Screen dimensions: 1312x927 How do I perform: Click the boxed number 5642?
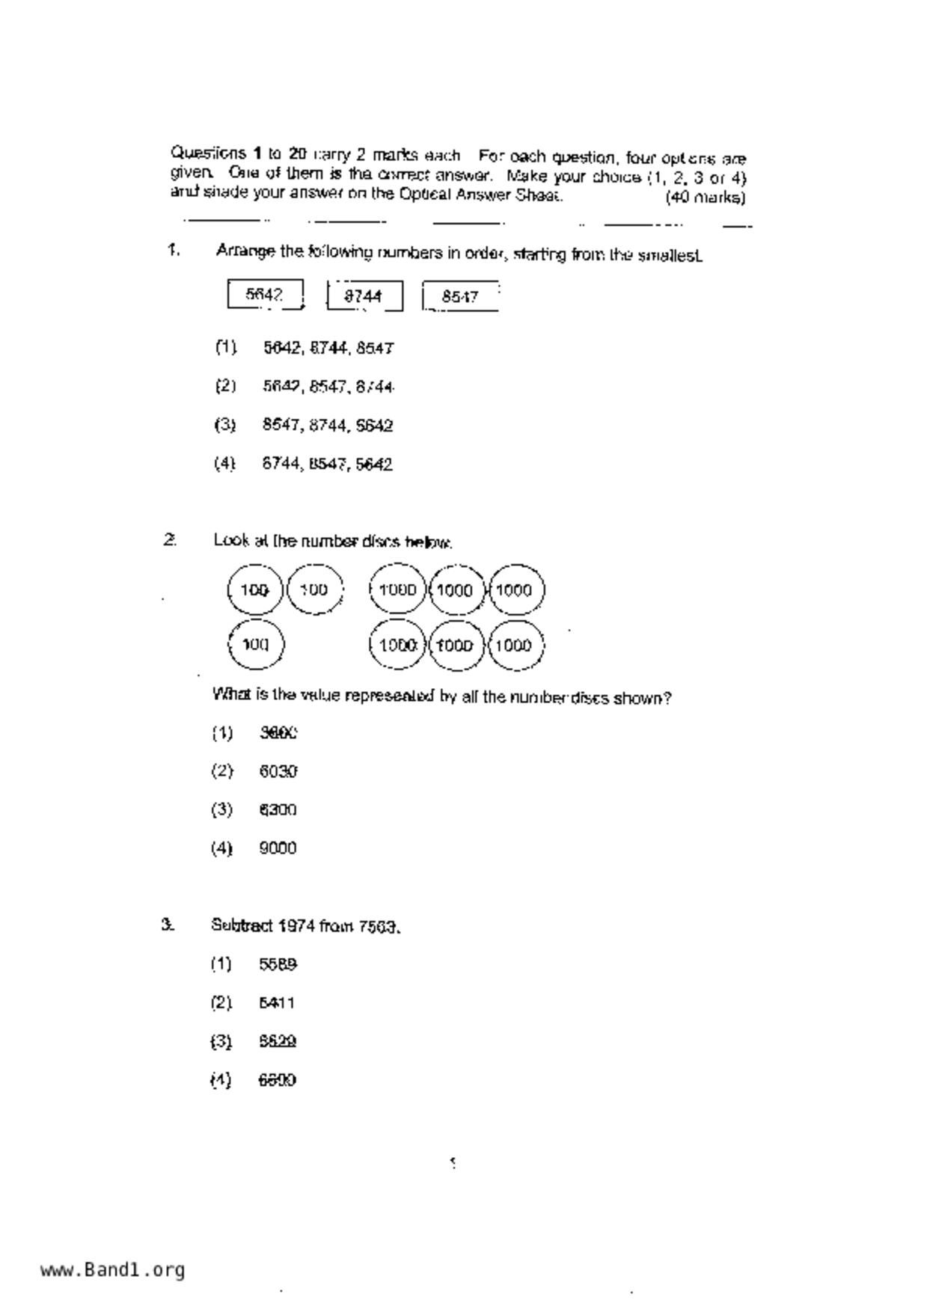pyautogui.click(x=265, y=295)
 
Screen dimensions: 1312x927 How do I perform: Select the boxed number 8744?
pyautogui.click(x=364, y=296)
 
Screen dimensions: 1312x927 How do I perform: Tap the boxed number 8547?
pyautogui.click(x=460, y=297)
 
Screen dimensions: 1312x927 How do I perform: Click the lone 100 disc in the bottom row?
pyautogui.click(x=256, y=644)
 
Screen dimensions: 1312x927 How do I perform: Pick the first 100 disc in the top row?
pyautogui.click(x=255, y=590)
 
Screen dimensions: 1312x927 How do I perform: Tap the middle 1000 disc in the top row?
pyautogui.click(x=455, y=590)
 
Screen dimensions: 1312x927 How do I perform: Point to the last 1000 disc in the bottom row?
pyautogui.click(x=514, y=645)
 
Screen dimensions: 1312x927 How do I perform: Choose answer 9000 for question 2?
pyautogui.click(x=278, y=848)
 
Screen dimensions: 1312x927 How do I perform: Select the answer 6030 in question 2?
pyautogui.click(x=278, y=771)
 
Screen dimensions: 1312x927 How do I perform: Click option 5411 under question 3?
pyautogui.click(x=277, y=1003)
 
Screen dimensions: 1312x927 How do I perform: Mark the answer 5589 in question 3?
pyautogui.click(x=278, y=965)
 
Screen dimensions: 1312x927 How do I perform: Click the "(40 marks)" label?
pyautogui.click(x=705, y=198)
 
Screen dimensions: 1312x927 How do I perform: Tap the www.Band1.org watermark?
pyautogui.click(x=112, y=1270)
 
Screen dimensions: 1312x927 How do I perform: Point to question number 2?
pyautogui.click(x=170, y=540)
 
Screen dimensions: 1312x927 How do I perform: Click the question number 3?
pyautogui.click(x=168, y=925)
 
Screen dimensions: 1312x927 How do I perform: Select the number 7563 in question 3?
pyautogui.click(x=379, y=928)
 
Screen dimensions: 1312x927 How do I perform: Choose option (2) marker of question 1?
pyautogui.click(x=225, y=386)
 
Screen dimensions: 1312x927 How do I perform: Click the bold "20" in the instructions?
pyautogui.click(x=297, y=154)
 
